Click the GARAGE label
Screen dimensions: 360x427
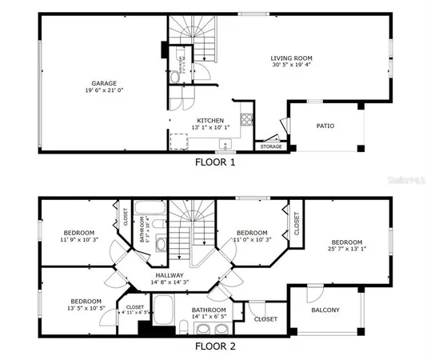coord(104,82)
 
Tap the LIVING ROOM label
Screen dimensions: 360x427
coord(291,58)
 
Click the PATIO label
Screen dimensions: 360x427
coord(325,126)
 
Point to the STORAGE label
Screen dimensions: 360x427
coord(270,147)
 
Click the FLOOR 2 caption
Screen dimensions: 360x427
coord(215,348)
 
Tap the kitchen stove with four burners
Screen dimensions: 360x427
coord(247,123)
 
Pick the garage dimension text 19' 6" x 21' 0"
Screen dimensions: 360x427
coord(104,90)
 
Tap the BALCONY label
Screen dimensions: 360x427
coord(325,310)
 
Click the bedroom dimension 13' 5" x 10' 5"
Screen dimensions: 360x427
coord(86,308)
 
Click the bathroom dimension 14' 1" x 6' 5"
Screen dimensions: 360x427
coord(209,318)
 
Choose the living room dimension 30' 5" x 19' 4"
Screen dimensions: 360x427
coord(291,66)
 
